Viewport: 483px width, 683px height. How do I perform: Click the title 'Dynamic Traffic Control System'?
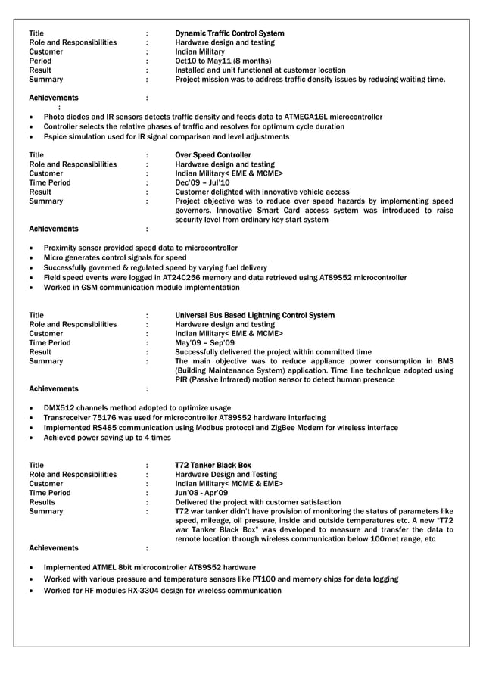(229, 34)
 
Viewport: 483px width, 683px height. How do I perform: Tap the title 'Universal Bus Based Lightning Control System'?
(254, 315)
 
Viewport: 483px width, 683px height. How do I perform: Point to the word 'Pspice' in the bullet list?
(57, 137)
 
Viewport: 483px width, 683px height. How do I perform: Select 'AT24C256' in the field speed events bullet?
(197, 278)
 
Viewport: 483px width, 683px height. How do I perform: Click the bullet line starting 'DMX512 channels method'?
(137, 407)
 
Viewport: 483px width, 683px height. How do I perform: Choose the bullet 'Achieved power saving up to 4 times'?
(107, 438)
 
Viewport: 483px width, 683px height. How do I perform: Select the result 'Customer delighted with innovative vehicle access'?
(262, 192)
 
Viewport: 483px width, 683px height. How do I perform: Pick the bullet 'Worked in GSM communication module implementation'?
(142, 288)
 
